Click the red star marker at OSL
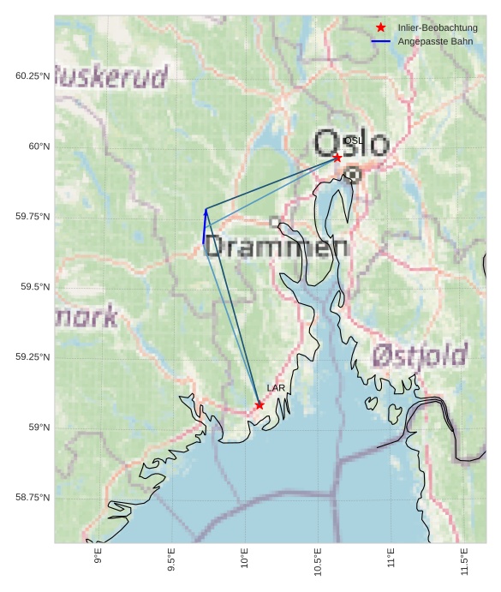[x=337, y=158]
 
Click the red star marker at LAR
[x=259, y=405]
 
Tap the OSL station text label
[x=353, y=141]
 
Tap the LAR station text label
[x=276, y=388]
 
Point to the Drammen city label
[x=277, y=248]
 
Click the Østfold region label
[x=420, y=355]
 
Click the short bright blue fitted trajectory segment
[x=205, y=227]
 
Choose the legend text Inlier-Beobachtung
[x=438, y=28]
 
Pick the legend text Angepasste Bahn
[x=435, y=41]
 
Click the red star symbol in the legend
[x=381, y=27]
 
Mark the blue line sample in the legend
[x=381, y=41]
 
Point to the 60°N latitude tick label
[x=39, y=147]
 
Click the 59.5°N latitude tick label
[x=35, y=287]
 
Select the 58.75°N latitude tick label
[x=33, y=498]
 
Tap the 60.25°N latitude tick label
[x=33, y=76]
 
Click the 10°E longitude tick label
[x=245, y=559]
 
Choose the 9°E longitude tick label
[x=98, y=557]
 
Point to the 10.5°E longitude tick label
[x=319, y=562]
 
